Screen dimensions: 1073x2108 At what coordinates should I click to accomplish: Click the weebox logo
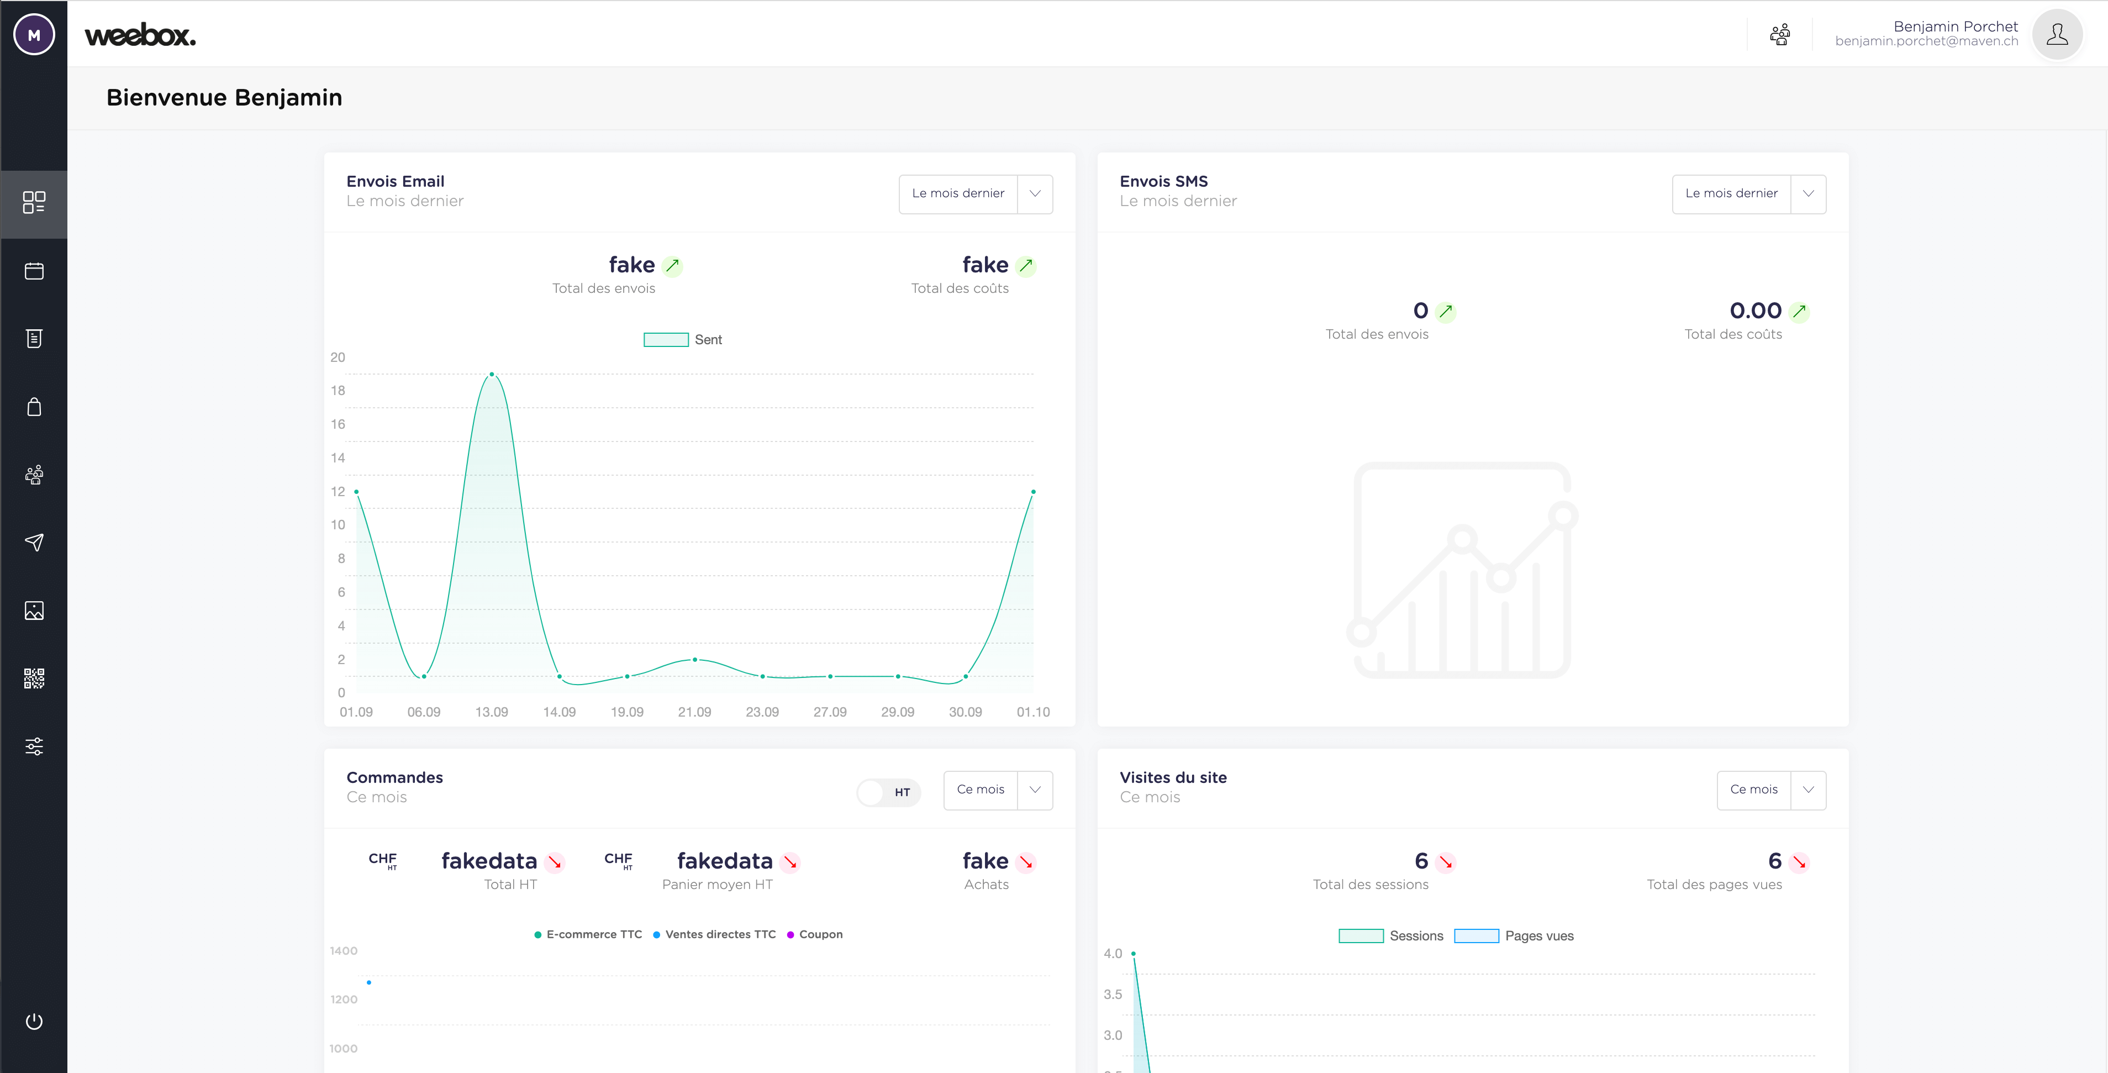coord(140,35)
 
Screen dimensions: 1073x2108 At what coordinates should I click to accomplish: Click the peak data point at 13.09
coord(491,374)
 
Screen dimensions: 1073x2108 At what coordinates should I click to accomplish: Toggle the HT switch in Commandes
coord(888,791)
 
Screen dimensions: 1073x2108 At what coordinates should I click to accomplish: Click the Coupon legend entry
coord(814,934)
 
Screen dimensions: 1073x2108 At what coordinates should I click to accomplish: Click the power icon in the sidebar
coord(34,1021)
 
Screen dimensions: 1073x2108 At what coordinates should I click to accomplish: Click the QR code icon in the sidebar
coord(34,678)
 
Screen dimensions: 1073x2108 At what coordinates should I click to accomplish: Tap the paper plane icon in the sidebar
coord(34,542)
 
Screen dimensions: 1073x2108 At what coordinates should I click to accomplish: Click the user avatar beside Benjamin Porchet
coord(2057,34)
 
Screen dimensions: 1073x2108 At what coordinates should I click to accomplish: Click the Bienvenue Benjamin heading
coord(224,97)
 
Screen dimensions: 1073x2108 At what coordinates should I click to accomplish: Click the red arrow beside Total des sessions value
coord(1446,862)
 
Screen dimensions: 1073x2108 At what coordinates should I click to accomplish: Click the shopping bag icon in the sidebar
coord(34,407)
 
